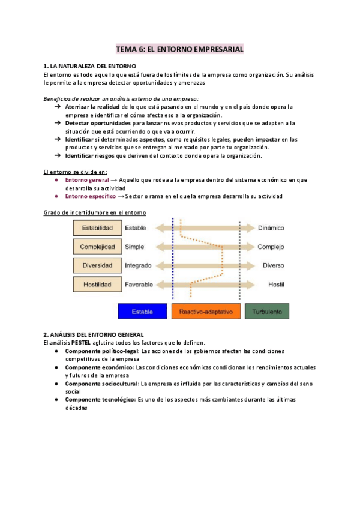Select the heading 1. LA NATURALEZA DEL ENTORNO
pyautogui.click(x=90, y=65)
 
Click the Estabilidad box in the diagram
pyautogui.click(x=97, y=228)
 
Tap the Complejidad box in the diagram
pyautogui.click(x=97, y=247)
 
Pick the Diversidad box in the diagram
pyautogui.click(x=97, y=265)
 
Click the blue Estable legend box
pyautogui.click(x=143, y=311)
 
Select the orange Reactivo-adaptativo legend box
pyautogui.click(x=206, y=311)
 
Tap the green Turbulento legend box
pyautogui.click(x=266, y=311)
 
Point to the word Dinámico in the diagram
pyautogui.click(x=271, y=228)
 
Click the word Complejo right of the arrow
pyautogui.click(x=271, y=247)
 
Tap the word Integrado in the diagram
pyautogui.click(x=138, y=265)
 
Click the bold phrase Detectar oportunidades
pyautogui.click(x=98, y=123)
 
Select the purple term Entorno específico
pyautogui.click(x=90, y=196)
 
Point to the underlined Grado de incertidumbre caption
pyautogui.click(x=95, y=213)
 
